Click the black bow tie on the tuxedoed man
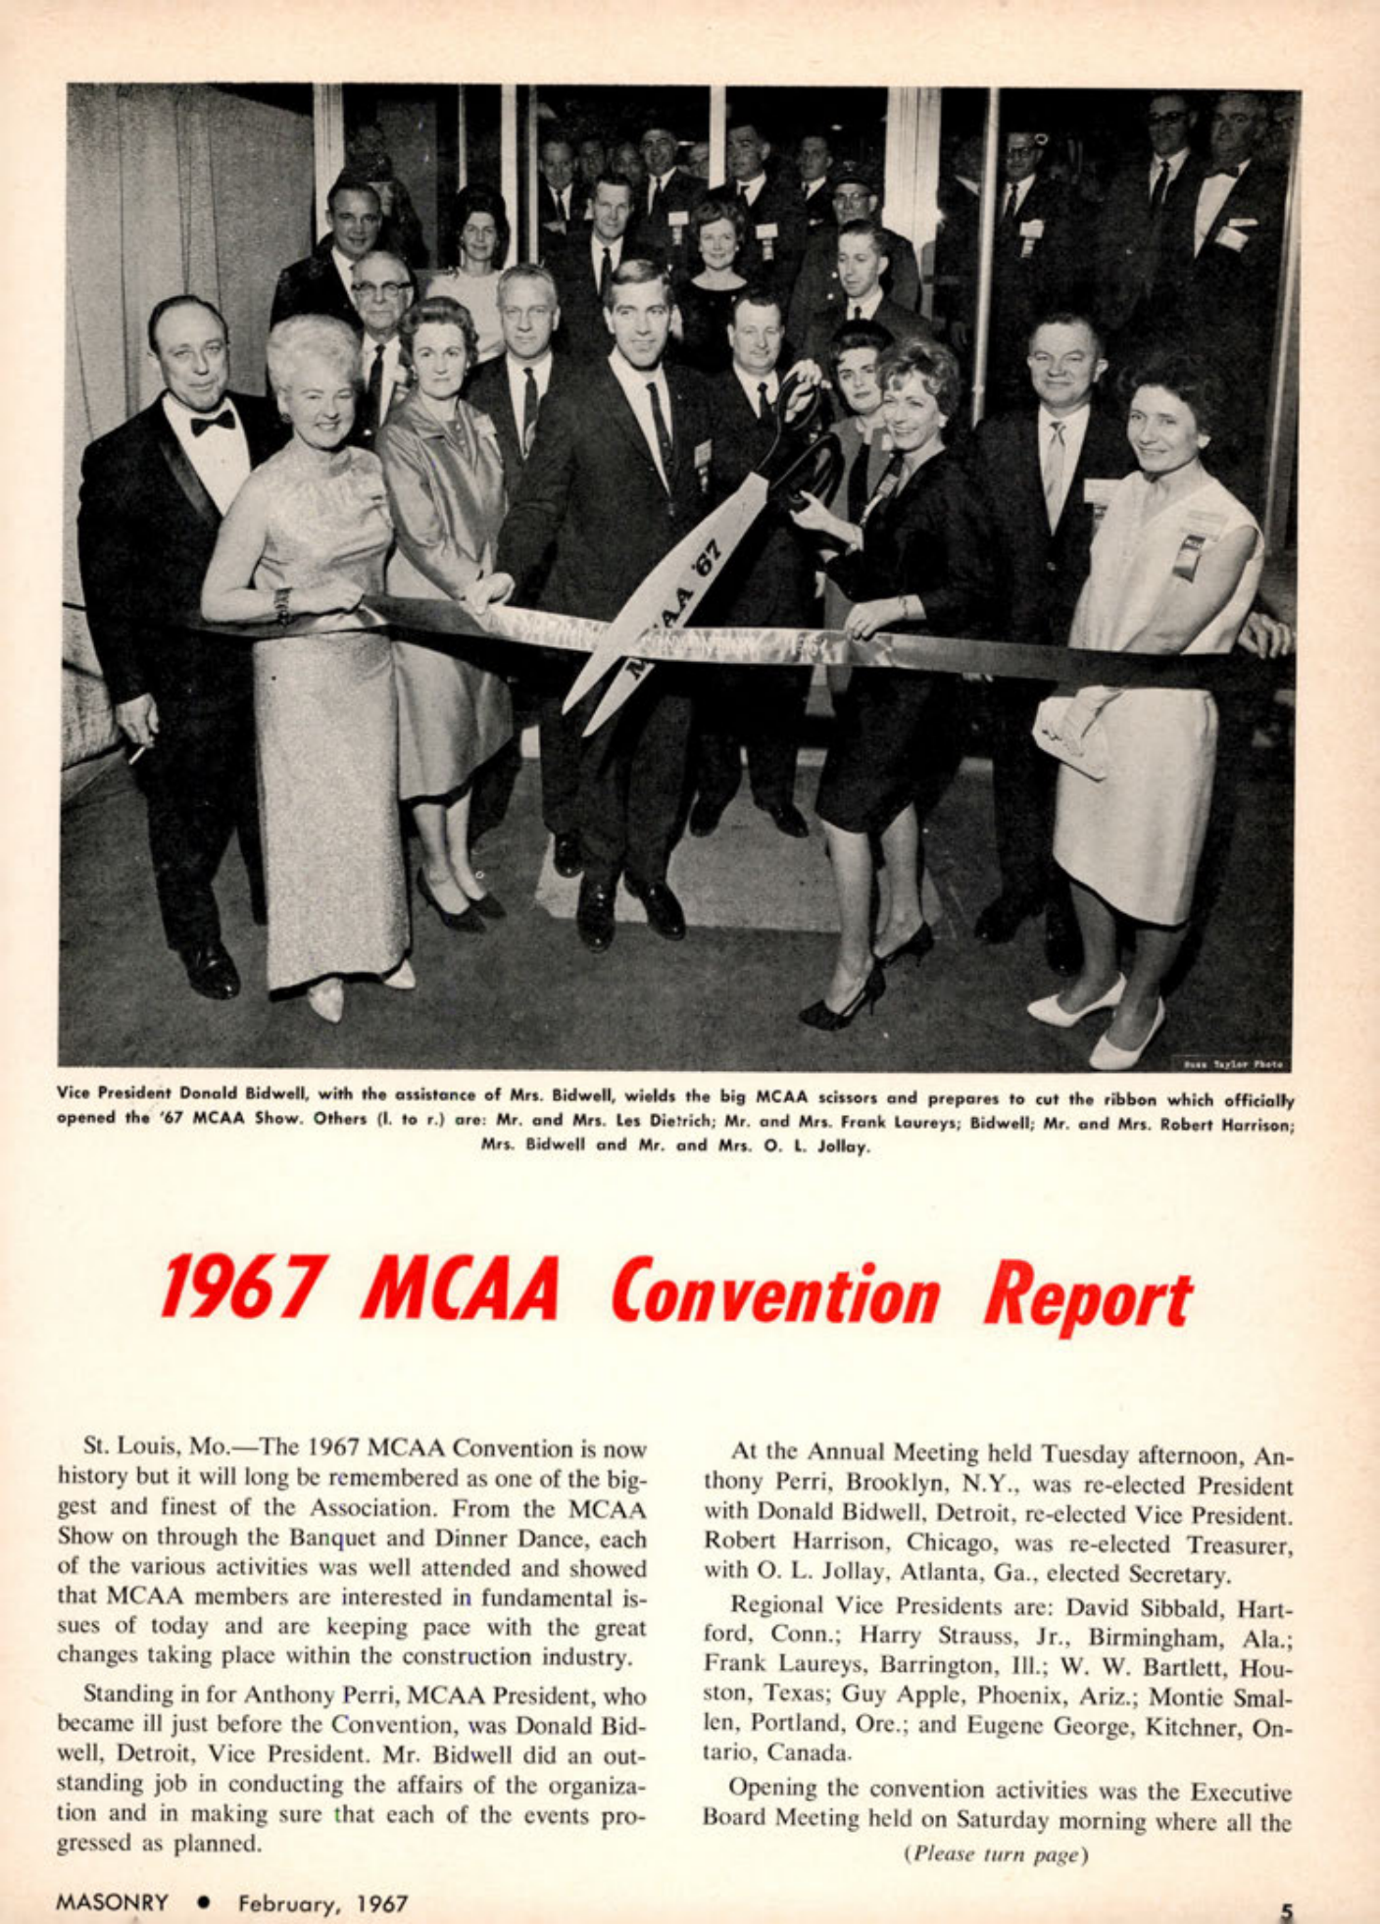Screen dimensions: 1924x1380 point(213,423)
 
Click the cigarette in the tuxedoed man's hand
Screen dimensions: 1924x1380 point(137,754)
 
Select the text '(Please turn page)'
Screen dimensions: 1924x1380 point(997,1853)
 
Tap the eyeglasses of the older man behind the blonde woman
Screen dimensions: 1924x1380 point(380,288)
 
